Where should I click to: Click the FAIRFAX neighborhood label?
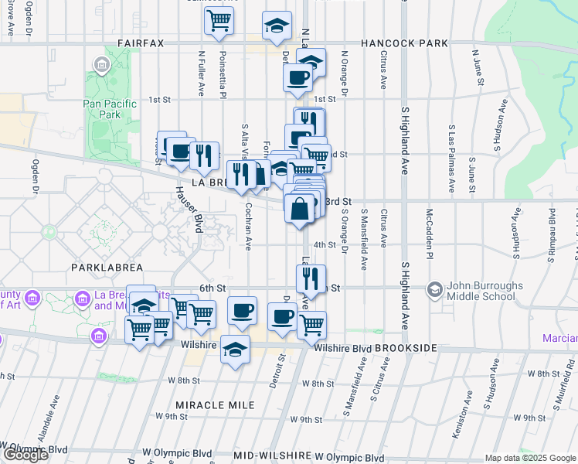point(141,43)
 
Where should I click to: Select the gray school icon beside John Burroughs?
point(434,289)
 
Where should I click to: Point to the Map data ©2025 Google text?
point(530,458)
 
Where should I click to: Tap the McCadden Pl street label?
point(429,230)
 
